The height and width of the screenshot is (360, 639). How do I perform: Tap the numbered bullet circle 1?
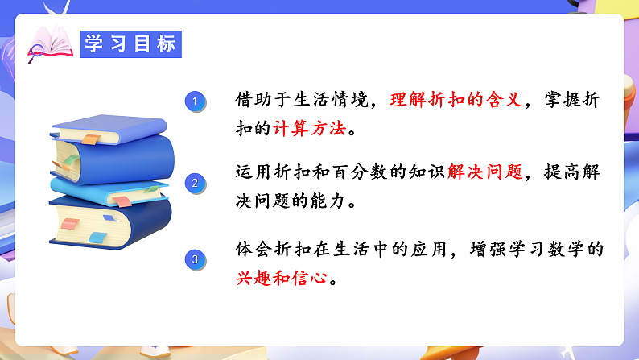tap(194, 101)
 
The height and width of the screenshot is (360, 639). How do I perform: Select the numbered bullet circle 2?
tap(194, 183)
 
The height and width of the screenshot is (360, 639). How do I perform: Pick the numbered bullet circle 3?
tap(194, 259)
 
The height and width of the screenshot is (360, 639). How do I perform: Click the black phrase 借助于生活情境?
tap(301, 101)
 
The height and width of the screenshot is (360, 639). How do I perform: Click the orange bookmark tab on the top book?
tap(90, 140)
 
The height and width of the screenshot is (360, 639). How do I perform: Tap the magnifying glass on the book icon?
tap(35, 53)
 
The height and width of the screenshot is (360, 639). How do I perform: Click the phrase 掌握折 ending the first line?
tap(576, 101)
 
